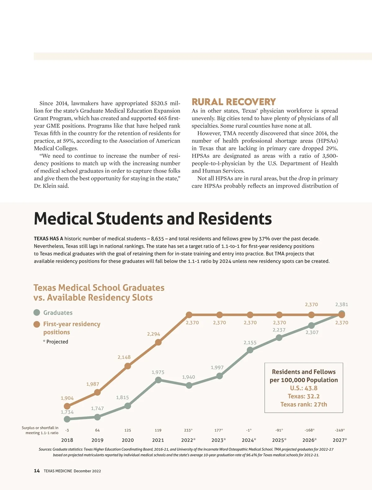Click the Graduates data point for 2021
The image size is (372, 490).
[158, 380]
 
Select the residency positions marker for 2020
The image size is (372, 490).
[127, 366]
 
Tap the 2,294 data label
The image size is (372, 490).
[153, 334]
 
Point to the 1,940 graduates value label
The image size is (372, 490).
[188, 377]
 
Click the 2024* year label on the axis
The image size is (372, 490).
[249, 440]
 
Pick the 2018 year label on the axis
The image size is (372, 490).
[67, 440]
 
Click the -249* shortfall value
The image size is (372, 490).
[340, 430]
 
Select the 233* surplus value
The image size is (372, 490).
[188, 430]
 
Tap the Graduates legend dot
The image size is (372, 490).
[37, 313]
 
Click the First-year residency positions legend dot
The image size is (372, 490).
[37, 324]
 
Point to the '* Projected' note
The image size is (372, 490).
[55, 342]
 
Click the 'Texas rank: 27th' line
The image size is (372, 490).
[303, 404]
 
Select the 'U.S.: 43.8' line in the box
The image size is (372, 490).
[303, 388]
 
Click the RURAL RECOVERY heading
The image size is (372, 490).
[234, 102]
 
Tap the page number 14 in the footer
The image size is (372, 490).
[37, 471]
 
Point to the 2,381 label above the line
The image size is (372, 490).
[342, 305]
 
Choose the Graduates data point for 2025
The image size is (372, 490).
[279, 337]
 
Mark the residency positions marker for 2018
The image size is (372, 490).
[67, 406]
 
